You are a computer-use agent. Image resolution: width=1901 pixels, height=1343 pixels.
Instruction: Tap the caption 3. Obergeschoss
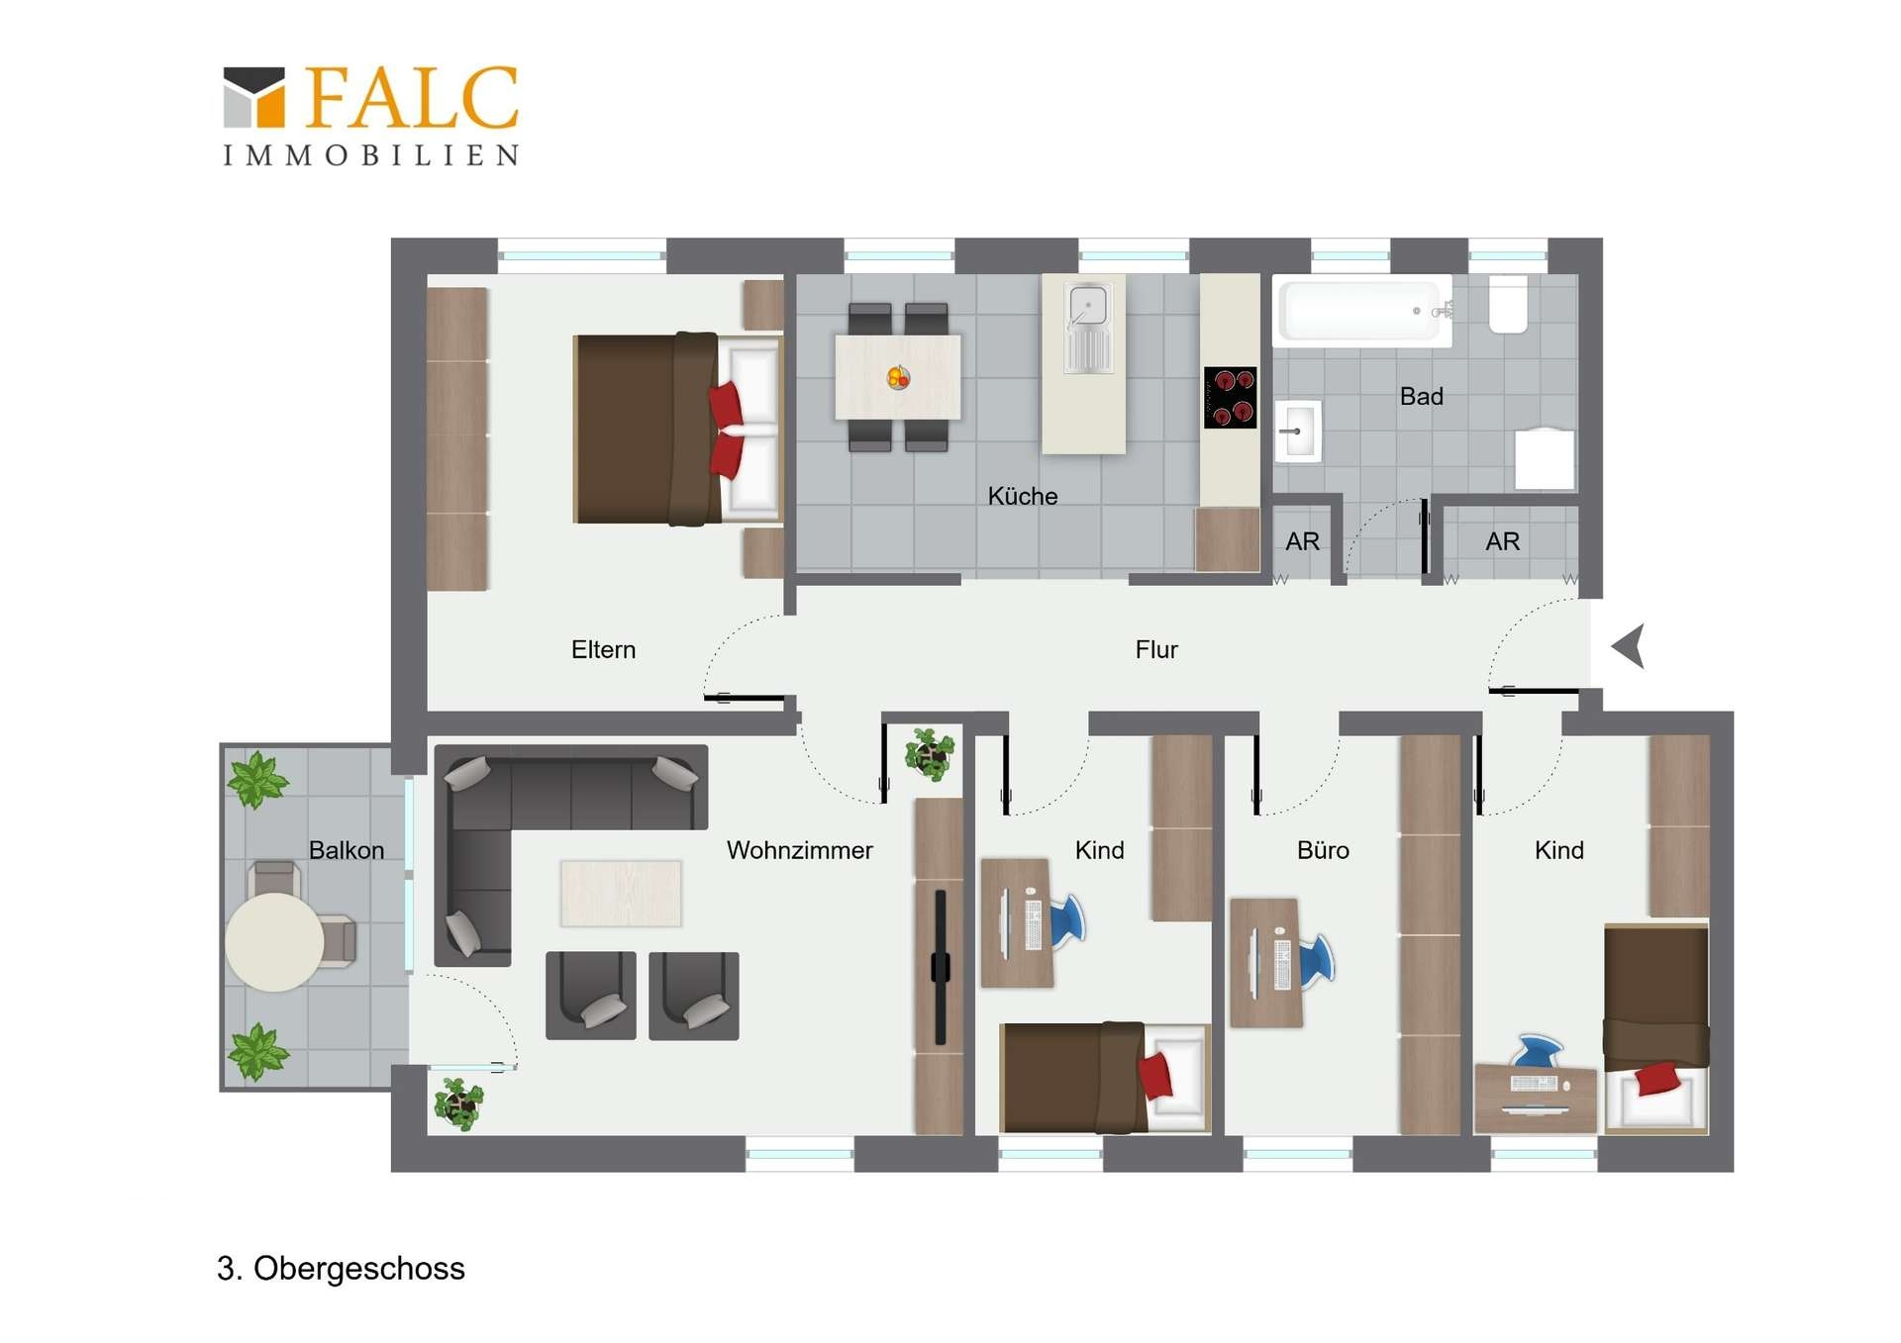click(341, 1269)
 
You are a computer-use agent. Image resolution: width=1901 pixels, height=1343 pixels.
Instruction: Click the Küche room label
click(1022, 496)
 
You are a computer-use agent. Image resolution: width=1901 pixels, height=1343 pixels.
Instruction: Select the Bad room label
click(1421, 396)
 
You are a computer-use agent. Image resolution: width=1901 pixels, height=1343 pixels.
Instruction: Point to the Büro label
click(1323, 850)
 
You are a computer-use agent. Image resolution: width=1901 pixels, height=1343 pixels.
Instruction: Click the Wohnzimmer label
click(799, 850)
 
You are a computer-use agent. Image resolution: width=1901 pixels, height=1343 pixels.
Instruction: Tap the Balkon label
click(346, 850)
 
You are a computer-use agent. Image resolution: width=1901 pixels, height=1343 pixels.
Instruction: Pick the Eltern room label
click(603, 649)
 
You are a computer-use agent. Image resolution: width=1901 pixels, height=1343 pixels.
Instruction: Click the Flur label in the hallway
click(1155, 649)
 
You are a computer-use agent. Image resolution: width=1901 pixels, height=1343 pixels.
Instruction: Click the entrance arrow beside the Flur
click(1630, 645)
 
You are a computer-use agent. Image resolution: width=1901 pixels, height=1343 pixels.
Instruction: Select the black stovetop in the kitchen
click(1230, 397)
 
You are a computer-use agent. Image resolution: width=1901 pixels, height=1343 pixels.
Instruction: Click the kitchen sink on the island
click(1087, 327)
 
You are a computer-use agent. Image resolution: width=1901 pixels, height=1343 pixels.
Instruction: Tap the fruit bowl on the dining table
click(898, 377)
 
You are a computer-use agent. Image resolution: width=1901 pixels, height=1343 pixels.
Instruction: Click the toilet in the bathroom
click(1508, 303)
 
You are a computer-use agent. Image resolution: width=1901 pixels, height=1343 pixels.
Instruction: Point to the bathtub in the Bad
click(1362, 311)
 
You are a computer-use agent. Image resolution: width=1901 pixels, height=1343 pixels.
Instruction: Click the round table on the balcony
click(274, 942)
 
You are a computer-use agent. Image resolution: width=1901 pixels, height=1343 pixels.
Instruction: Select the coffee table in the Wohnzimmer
click(621, 893)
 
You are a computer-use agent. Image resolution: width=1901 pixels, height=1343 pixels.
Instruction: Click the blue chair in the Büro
click(1317, 960)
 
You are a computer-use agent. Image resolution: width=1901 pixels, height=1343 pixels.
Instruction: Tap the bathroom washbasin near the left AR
click(1297, 432)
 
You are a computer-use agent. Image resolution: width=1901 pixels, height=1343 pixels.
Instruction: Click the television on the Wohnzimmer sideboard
click(940, 967)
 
